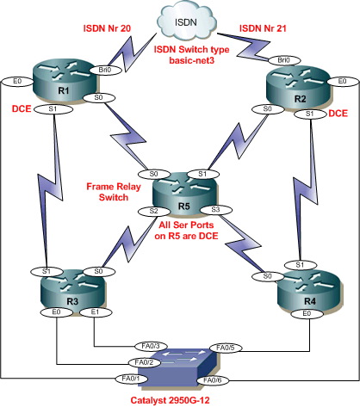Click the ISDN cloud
[x=179, y=18]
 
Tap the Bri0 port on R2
[x=283, y=60]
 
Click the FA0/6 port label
[x=212, y=378]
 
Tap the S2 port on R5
[x=153, y=211]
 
